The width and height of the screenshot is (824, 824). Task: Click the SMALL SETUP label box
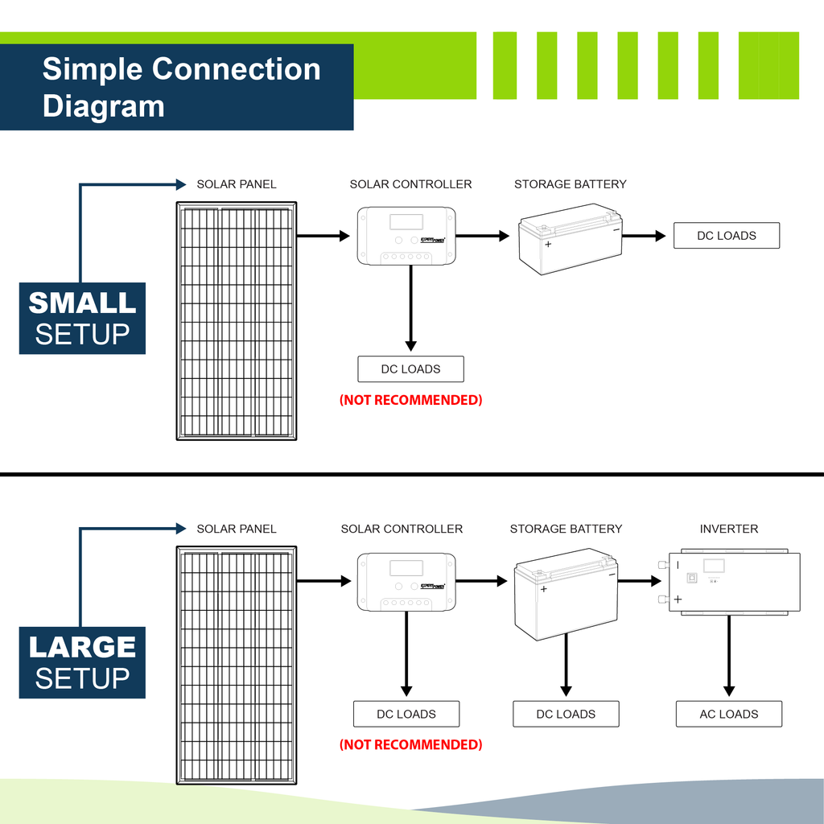pos(82,318)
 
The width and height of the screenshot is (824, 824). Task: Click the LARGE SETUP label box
pos(82,662)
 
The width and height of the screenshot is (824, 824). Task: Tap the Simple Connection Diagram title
pos(181,87)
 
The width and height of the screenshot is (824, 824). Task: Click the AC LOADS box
pos(729,714)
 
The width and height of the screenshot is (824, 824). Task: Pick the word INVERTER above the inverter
pos(729,529)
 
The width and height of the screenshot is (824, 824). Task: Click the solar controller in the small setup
pos(406,237)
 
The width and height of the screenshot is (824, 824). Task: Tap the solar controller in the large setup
pos(406,582)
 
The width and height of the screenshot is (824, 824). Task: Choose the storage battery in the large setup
pos(566,594)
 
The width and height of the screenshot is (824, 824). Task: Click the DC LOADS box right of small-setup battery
pos(727,236)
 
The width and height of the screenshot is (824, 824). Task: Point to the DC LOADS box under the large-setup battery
pos(566,714)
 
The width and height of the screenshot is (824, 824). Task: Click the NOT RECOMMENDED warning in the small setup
pos(410,400)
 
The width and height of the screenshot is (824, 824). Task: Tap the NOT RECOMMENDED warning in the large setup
pos(410,745)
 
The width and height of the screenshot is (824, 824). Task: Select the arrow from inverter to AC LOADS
pos(729,656)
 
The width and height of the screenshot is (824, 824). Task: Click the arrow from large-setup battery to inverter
pos(644,580)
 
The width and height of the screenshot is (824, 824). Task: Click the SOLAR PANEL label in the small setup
pos(237,184)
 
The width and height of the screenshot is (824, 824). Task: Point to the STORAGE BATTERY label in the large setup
pos(566,529)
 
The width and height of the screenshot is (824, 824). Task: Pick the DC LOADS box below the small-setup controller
pos(410,369)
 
